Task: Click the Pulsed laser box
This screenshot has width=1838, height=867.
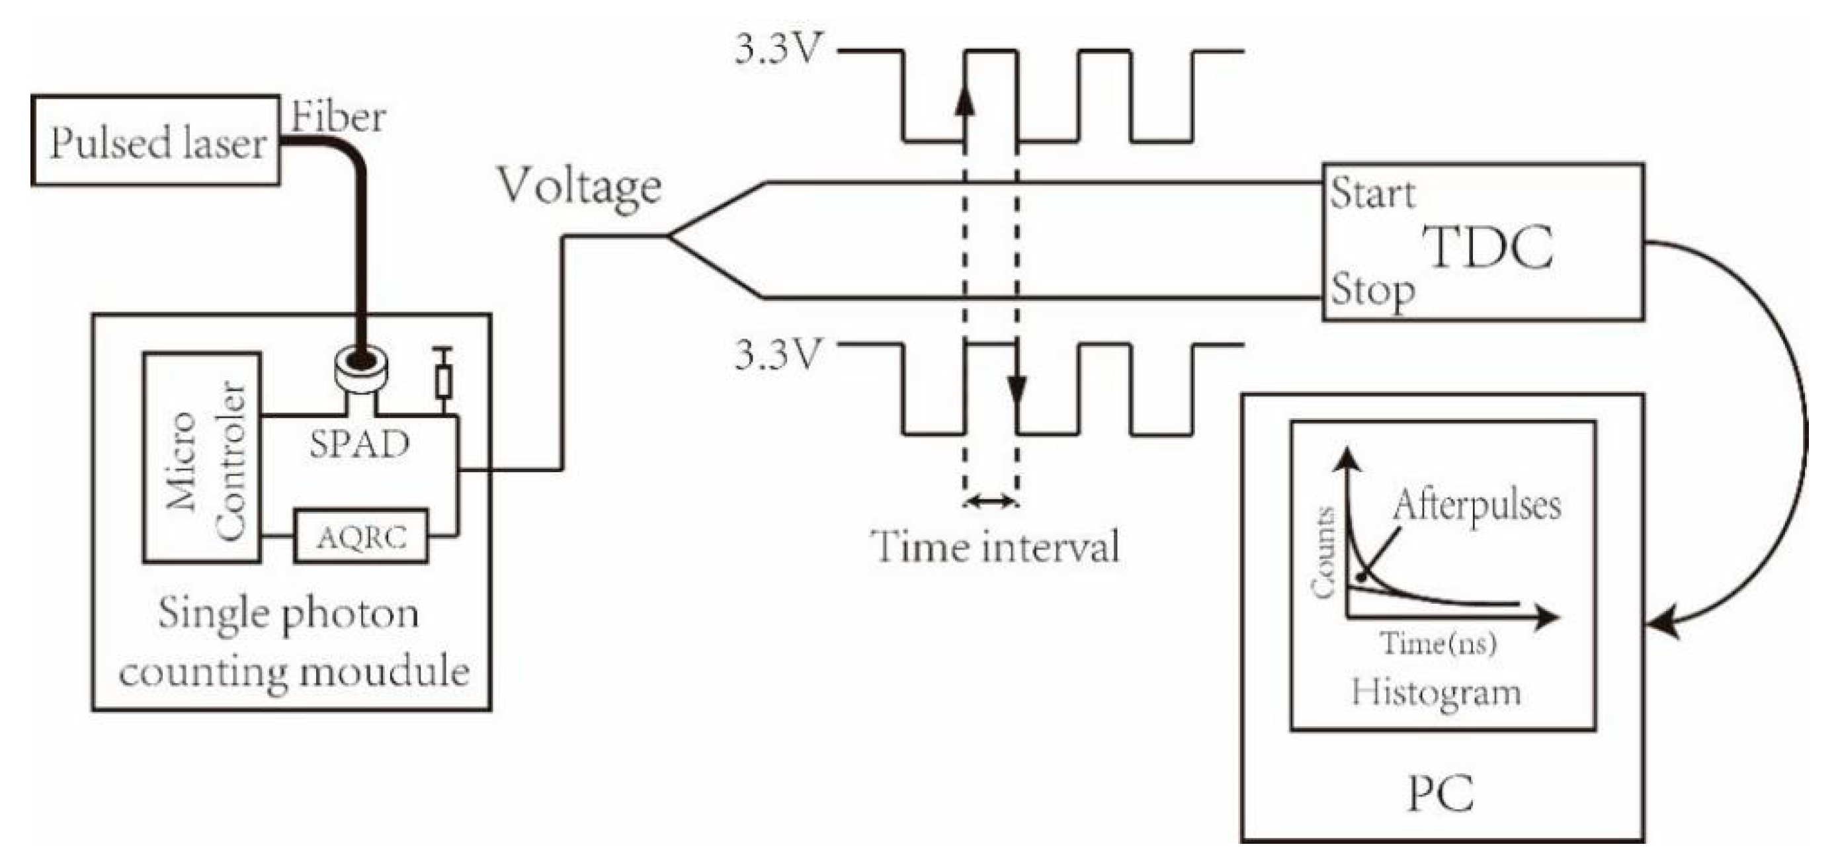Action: pos(155,142)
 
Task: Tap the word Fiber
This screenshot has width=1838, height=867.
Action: pos(337,118)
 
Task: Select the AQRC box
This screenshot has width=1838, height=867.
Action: pos(361,536)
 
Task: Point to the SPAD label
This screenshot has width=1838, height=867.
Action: pos(359,444)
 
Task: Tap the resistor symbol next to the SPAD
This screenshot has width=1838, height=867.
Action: pos(443,382)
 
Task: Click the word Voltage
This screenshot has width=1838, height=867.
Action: pos(579,188)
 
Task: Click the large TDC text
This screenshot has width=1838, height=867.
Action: pos(1487,247)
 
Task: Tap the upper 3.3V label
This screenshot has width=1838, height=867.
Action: pos(778,51)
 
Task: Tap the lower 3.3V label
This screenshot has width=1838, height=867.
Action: pos(778,354)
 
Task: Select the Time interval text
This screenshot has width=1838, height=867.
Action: pos(995,548)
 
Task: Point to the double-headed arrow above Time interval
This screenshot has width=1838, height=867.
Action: pos(990,502)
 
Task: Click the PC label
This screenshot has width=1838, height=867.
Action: pos(1440,794)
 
